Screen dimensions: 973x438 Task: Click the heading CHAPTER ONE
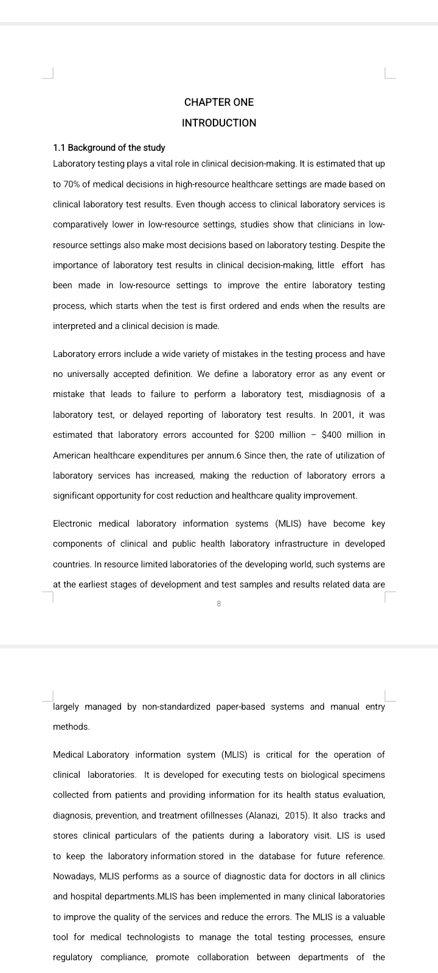pos(219,102)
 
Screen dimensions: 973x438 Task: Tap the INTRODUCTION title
pos(219,123)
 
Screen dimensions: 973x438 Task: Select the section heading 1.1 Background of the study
pos(109,148)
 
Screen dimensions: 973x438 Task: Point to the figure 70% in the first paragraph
pos(74,184)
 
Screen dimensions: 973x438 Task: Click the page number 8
pos(219,604)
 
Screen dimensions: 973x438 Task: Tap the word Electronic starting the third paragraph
pos(72,524)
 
